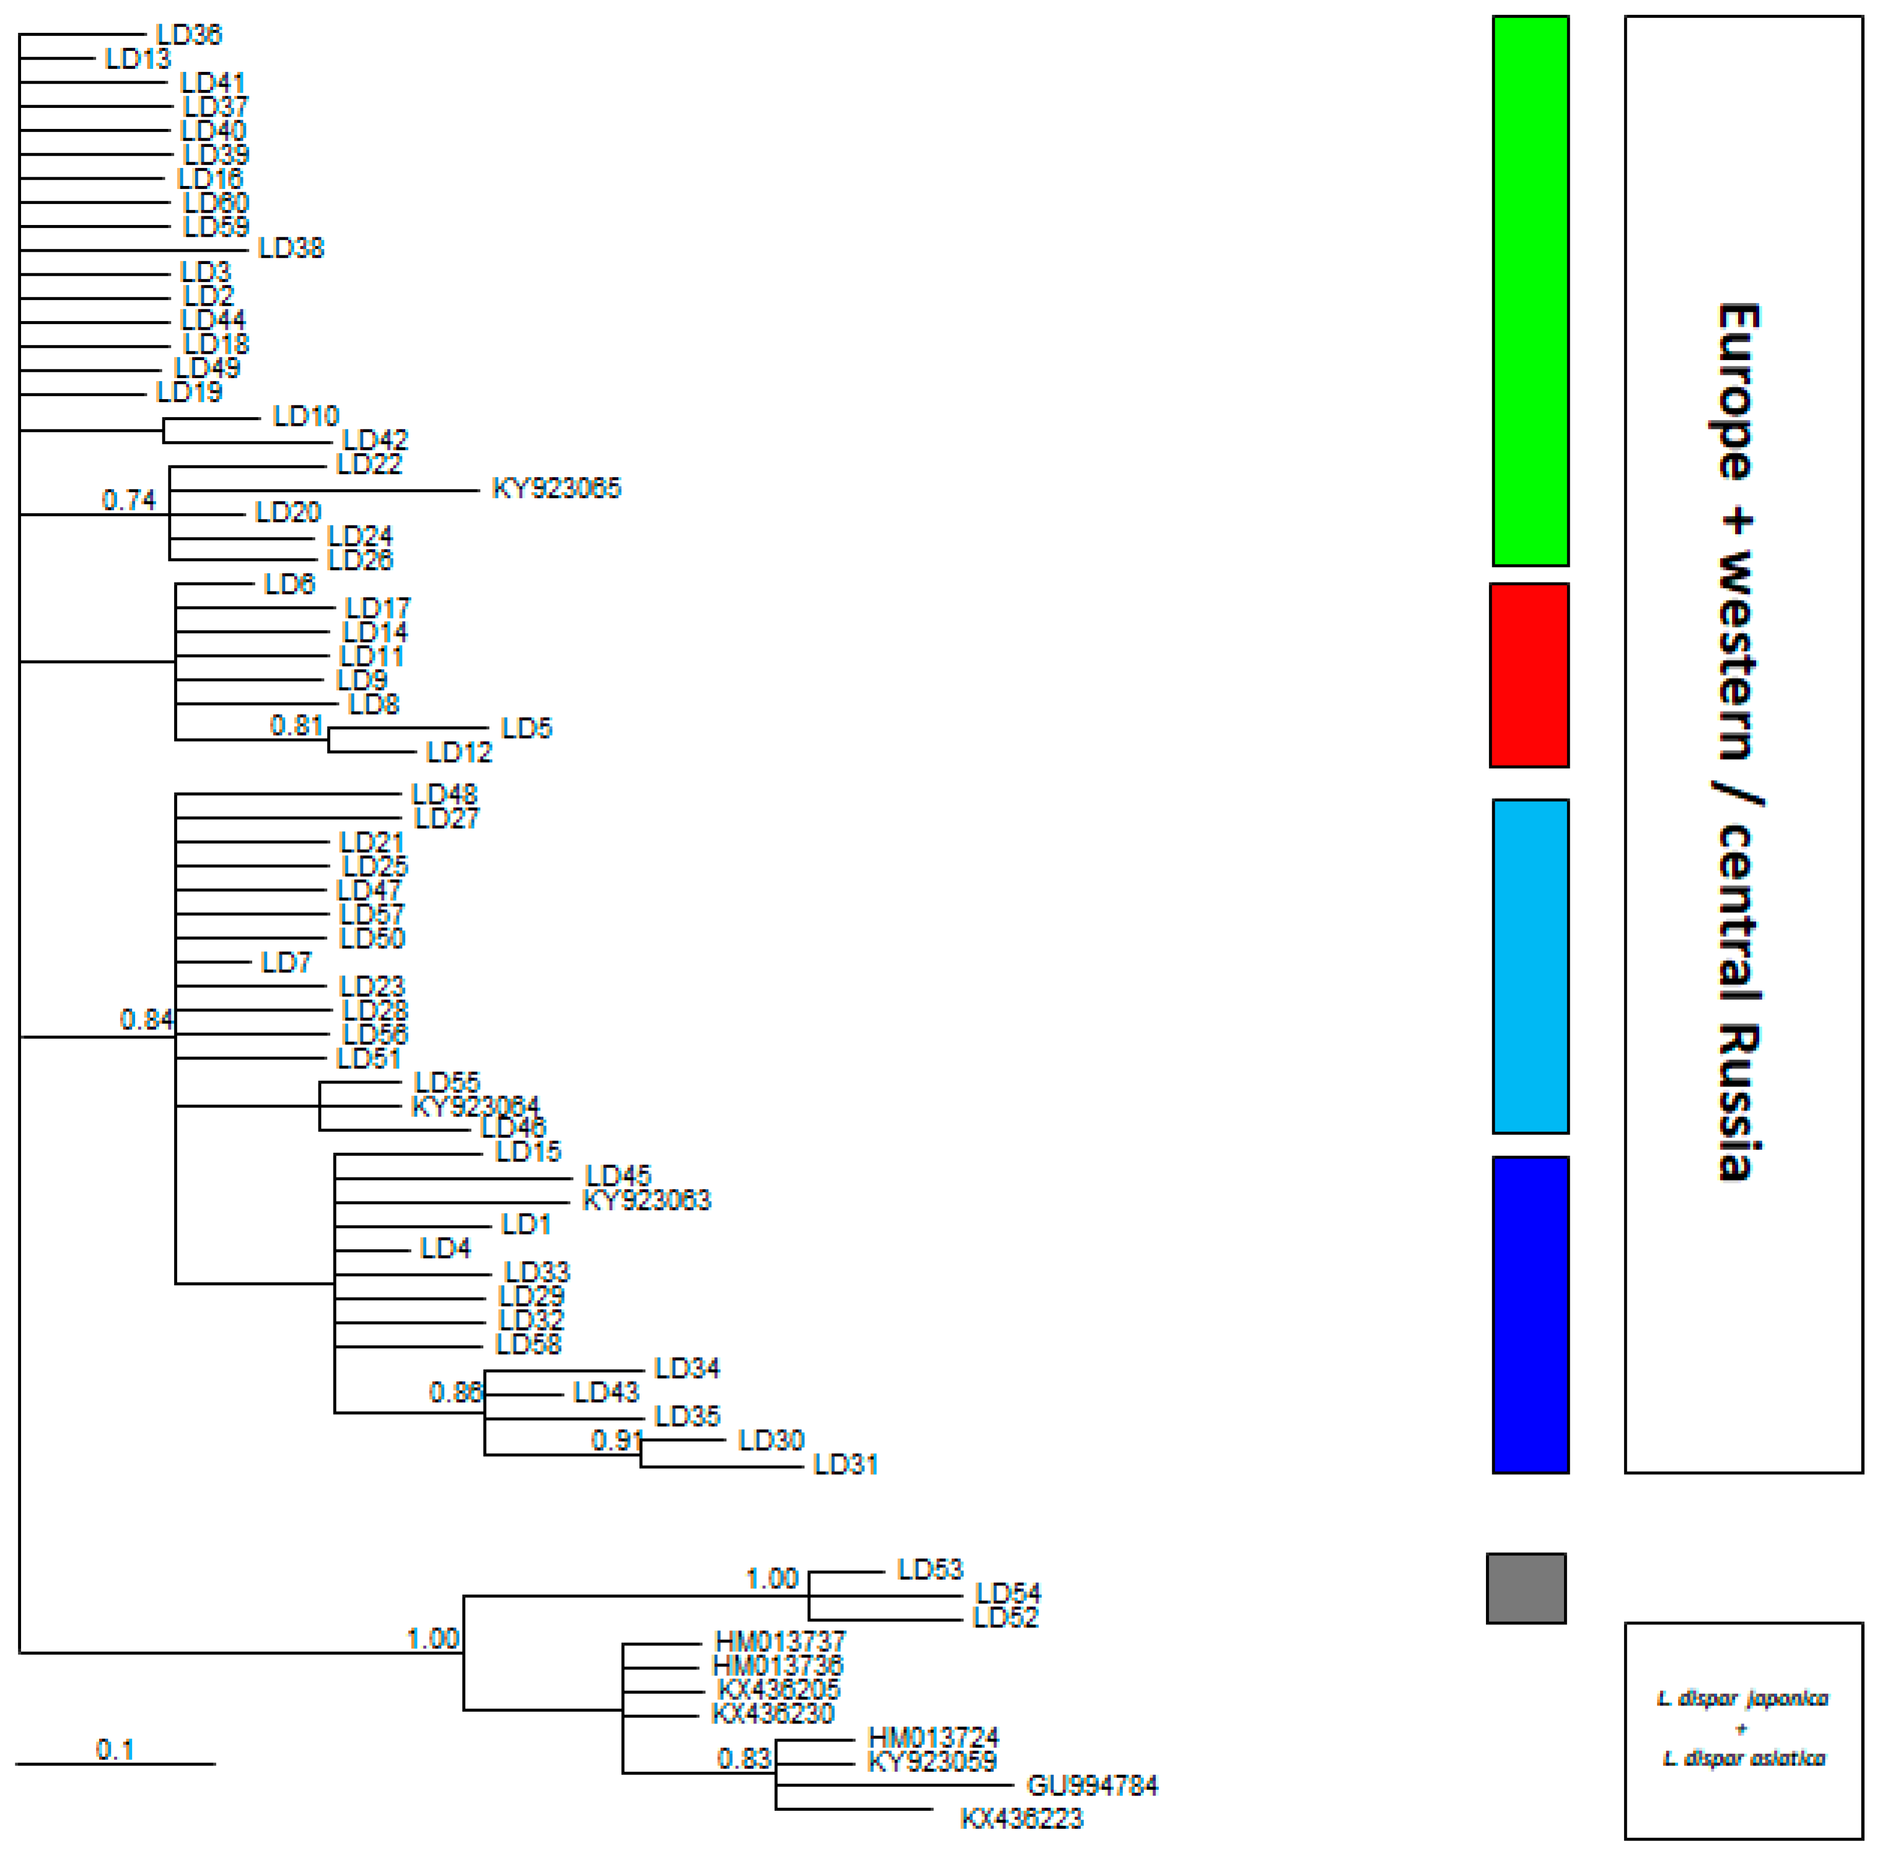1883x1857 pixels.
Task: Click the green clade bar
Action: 1530,290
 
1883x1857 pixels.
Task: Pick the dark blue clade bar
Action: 1530,1314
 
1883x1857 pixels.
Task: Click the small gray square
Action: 1526,1588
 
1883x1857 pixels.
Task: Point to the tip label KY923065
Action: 556,489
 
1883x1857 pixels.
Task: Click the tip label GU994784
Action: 1091,1786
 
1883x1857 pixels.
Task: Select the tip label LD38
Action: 290,249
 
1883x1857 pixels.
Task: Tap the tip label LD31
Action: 845,1464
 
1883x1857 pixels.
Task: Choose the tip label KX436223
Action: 1021,1818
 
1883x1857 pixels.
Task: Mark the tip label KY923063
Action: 646,1200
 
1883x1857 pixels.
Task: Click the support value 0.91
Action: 616,1440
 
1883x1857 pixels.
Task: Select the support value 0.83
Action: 744,1758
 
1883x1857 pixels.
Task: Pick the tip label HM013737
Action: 780,1642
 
